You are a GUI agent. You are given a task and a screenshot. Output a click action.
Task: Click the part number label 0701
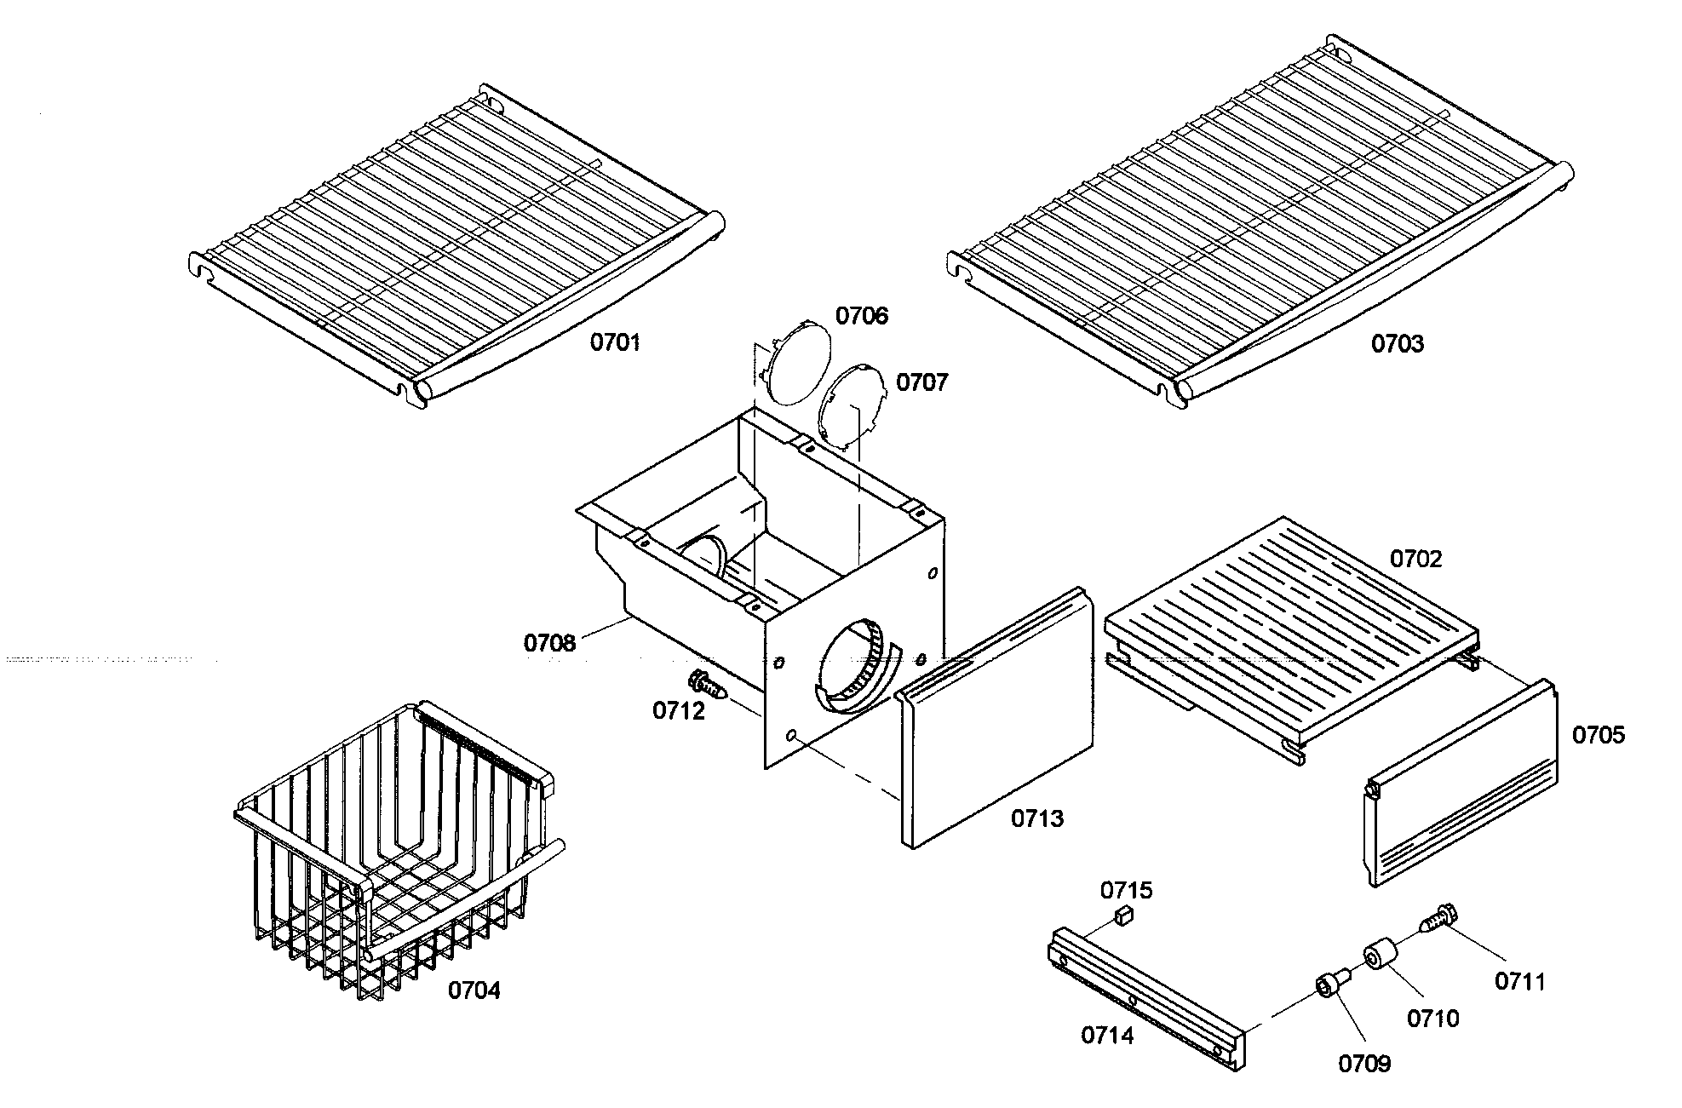tap(615, 343)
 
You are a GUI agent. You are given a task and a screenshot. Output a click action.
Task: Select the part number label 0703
tap(1397, 344)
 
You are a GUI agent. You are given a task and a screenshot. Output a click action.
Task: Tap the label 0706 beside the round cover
tap(861, 316)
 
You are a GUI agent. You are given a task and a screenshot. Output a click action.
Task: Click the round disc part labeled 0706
tap(797, 361)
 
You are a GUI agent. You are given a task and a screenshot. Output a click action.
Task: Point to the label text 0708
tap(549, 643)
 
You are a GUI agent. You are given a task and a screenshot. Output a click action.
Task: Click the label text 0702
tap(1415, 560)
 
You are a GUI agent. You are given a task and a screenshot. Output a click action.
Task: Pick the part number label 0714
tap(1107, 1036)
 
